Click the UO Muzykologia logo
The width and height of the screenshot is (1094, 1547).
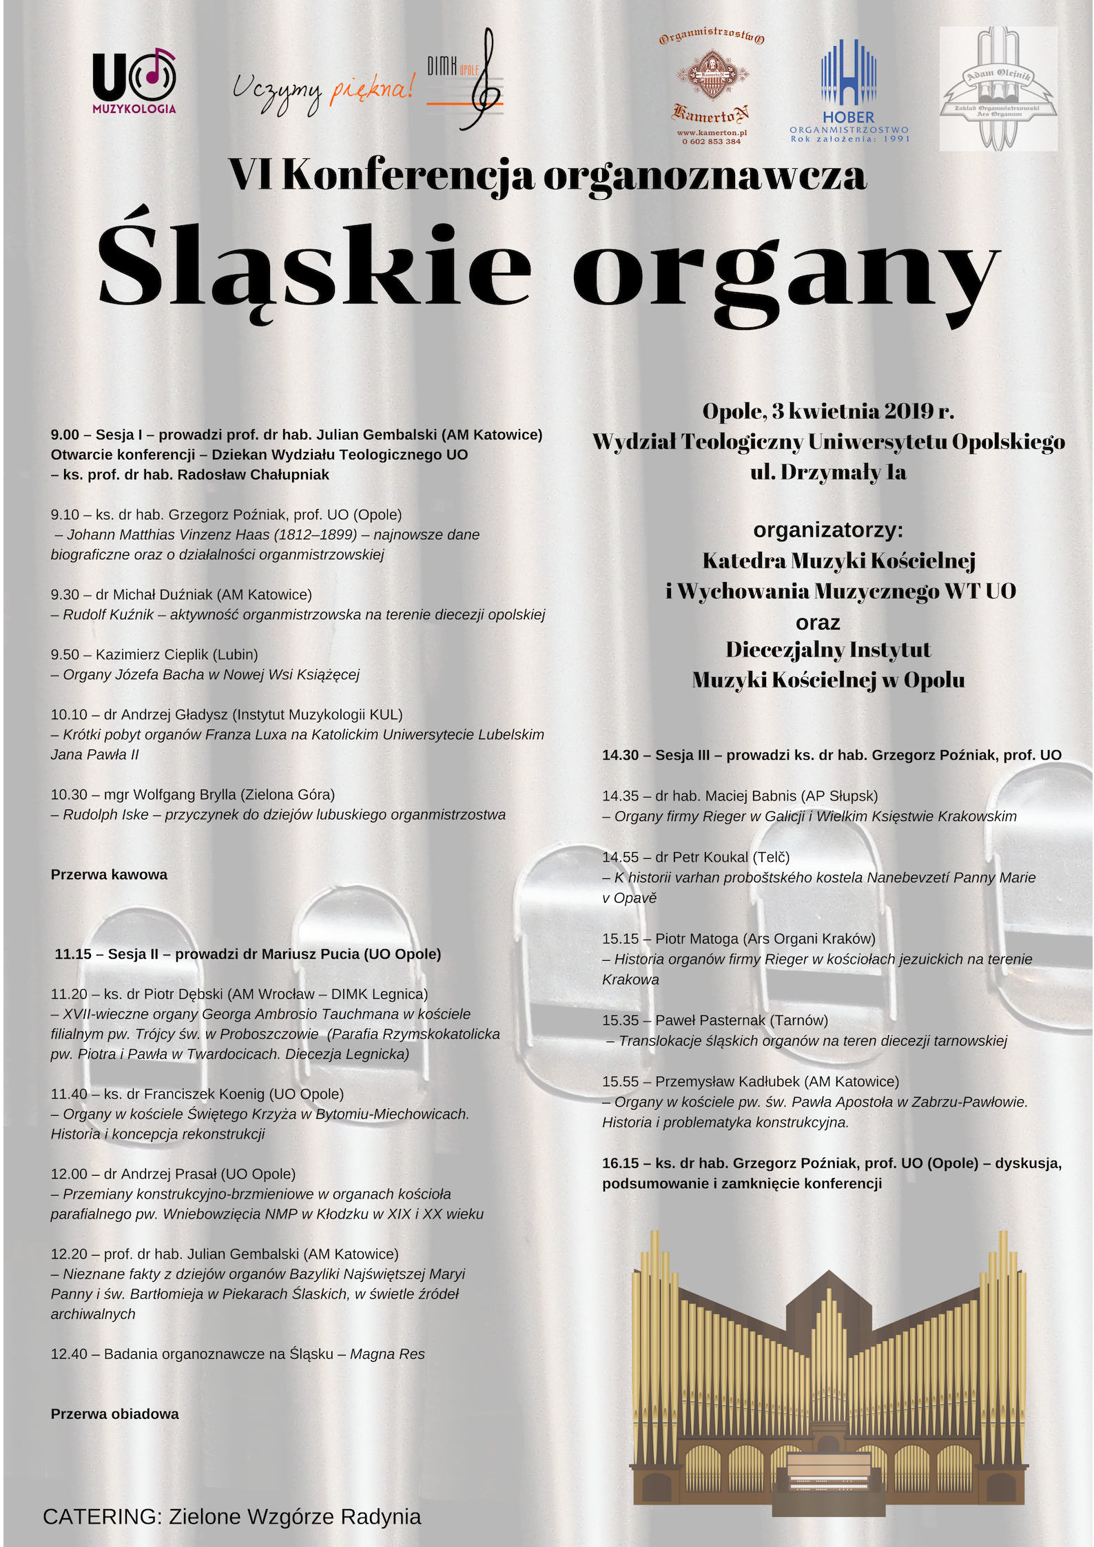pos(134,80)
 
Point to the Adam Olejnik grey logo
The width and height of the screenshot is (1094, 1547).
pos(998,89)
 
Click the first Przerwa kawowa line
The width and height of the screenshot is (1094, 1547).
pos(109,875)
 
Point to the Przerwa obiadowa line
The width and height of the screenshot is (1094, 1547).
pos(114,1414)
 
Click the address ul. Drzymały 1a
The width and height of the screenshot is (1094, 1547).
pos(828,473)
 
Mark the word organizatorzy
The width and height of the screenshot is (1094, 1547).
pos(827,530)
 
